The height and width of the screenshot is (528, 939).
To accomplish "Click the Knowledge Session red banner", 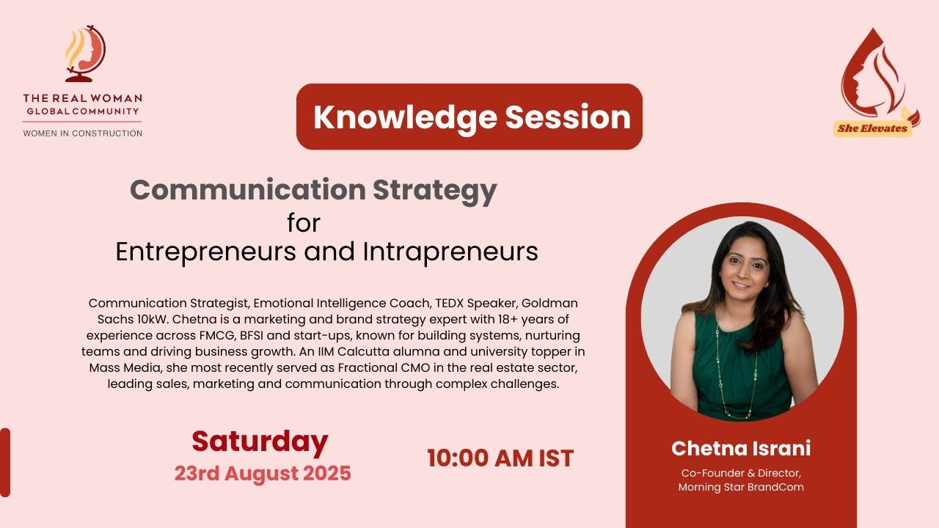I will [x=469, y=117].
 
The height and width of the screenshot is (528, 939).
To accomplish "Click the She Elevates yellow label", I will [x=873, y=128].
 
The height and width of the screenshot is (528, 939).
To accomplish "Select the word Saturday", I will [x=260, y=441].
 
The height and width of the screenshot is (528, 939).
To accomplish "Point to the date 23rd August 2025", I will [x=263, y=473].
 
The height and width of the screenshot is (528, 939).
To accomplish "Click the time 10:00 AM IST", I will [x=500, y=458].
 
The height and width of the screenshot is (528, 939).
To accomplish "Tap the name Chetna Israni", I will [x=741, y=448].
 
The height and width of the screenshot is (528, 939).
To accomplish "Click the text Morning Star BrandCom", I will [x=741, y=487].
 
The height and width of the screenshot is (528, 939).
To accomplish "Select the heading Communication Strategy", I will [x=313, y=190].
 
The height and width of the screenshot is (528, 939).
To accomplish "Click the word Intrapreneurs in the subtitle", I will [x=450, y=252].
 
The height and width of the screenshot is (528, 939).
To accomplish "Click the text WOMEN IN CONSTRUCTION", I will [x=83, y=133].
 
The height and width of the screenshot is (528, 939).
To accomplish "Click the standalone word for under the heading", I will [x=304, y=221].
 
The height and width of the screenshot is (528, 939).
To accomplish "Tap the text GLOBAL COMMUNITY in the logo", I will [x=83, y=111].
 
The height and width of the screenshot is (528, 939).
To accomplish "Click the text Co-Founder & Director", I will [x=741, y=473].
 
